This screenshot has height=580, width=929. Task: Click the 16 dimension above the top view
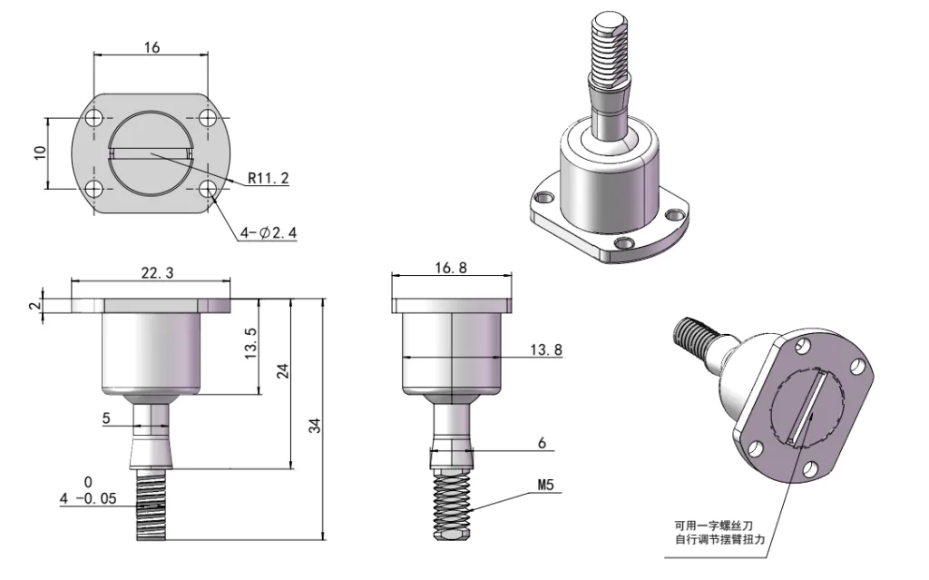coord(152,46)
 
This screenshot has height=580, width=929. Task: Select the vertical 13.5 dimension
coord(253,345)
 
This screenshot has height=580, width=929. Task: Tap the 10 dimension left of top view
coord(39,152)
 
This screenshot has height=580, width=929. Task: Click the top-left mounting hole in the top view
coord(93,119)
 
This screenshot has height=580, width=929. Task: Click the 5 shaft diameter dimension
coord(107,419)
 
